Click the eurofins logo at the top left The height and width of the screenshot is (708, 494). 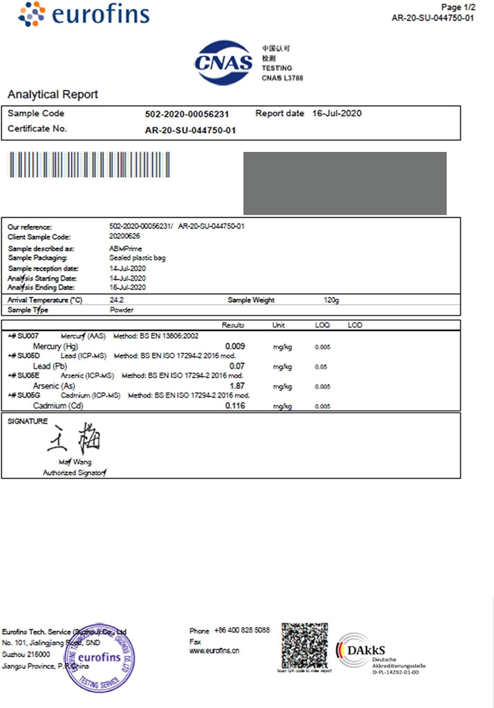coord(84,14)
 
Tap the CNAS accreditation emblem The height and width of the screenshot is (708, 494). coord(223,63)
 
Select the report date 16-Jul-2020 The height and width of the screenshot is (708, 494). coord(337,113)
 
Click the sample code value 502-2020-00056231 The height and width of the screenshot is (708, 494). coord(187,114)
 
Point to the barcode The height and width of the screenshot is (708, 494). coord(90,165)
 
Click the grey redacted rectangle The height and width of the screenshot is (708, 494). coord(344,183)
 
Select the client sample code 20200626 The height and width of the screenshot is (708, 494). coord(124,236)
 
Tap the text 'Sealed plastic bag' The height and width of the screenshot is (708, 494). coord(137,258)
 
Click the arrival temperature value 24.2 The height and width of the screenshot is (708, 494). coord(116,300)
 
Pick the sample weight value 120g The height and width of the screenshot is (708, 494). coord(331,300)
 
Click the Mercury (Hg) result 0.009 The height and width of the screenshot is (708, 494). coord(235,346)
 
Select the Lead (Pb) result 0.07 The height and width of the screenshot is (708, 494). coord(237,366)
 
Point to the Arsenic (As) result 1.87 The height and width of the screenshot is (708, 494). coord(237,386)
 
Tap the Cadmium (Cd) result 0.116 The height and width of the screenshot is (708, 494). coord(235,406)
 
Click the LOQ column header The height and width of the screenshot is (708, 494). coord(322,325)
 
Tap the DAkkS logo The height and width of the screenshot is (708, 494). coord(367,651)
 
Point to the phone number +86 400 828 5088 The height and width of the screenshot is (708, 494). coord(242,630)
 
